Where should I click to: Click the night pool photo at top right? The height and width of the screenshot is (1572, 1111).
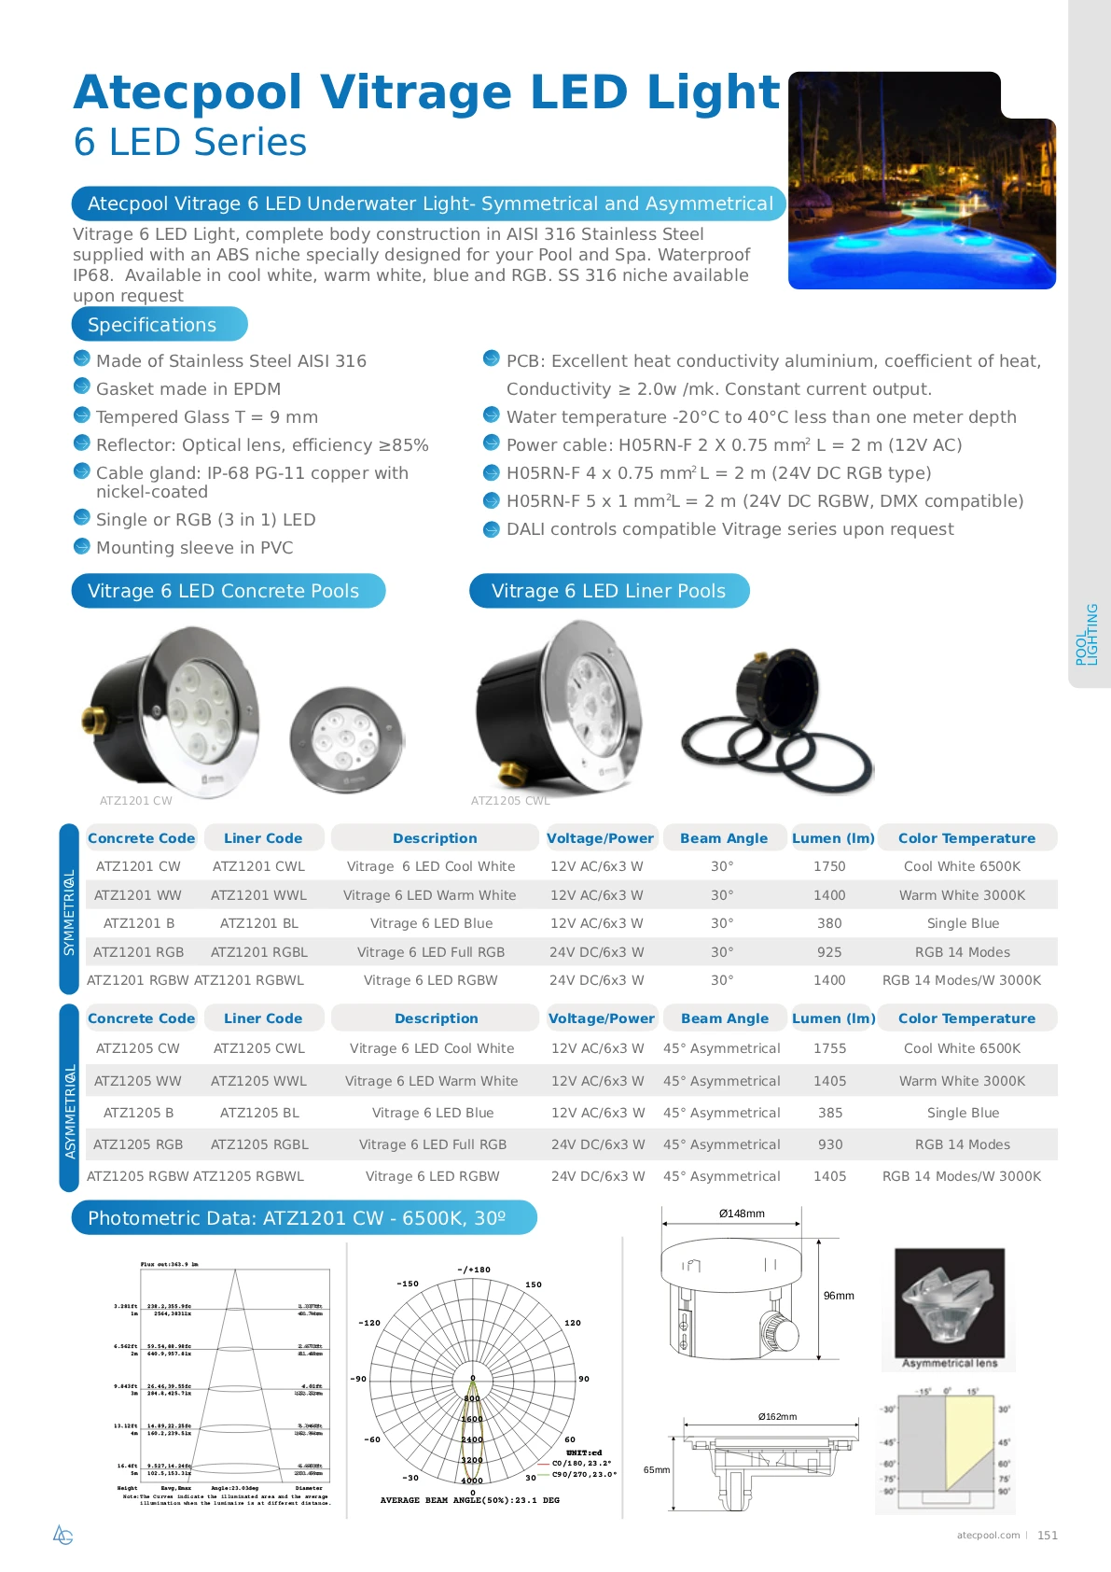point(922,181)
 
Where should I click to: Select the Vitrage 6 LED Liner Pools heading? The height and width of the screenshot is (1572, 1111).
point(608,591)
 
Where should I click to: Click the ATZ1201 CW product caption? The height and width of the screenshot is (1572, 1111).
point(136,801)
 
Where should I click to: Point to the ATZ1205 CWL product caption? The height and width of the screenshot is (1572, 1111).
point(510,801)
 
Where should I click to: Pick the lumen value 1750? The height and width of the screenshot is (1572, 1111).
point(829,866)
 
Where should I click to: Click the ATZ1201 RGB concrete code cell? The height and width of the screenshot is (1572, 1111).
point(139,952)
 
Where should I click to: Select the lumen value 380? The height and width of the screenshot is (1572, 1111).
point(829,923)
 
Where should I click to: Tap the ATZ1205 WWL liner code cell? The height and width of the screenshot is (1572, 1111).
point(259,1081)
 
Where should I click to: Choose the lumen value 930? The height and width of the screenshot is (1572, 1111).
point(830,1144)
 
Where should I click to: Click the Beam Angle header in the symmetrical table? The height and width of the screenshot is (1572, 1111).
point(724,838)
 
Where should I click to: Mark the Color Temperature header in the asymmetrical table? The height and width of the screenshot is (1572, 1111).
point(966,1018)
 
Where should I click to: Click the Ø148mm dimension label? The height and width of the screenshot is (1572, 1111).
point(742,1214)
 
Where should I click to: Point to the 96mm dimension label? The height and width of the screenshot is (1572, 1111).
point(839,1296)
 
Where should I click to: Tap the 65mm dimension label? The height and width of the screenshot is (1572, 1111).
point(657,1470)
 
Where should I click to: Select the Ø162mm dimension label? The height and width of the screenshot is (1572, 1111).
point(777,1417)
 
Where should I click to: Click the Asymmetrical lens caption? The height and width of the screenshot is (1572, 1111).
point(950,1364)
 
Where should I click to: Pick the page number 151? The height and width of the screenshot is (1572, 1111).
point(1048,1536)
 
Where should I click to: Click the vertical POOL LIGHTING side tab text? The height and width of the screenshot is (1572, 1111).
point(1087,635)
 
